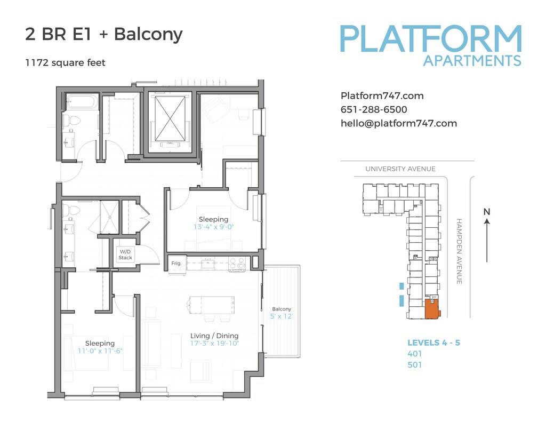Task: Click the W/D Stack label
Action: (125, 254)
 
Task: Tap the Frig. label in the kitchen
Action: (176, 264)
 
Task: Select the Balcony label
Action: (282, 309)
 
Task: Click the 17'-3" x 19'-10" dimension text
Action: (214, 344)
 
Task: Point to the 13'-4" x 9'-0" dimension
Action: (213, 227)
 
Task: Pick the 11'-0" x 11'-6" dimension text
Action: (100, 351)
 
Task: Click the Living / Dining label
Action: (214, 336)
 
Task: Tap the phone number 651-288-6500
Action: (374, 110)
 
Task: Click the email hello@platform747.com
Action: (399, 123)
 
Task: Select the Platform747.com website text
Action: (382, 96)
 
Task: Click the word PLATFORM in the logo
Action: (430, 38)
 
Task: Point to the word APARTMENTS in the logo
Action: (472, 61)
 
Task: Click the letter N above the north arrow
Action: (486, 212)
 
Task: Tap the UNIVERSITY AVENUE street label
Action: (400, 169)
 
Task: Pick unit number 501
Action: (414, 365)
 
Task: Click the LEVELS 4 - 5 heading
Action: (433, 343)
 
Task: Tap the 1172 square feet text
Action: (65, 63)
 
